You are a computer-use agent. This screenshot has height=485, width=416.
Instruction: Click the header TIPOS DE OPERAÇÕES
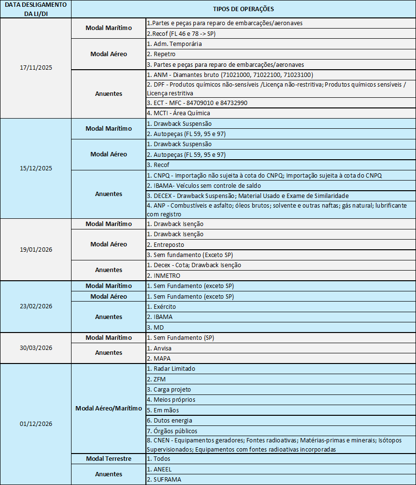[243, 9]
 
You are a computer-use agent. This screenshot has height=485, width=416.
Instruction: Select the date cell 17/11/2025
[36, 68]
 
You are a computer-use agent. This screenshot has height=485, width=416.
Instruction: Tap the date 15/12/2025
[36, 168]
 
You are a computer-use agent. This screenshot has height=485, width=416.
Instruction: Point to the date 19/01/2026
[36, 249]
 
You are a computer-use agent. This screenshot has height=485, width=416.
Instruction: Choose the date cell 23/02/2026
[36, 306]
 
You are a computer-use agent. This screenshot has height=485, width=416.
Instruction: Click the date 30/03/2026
[36, 348]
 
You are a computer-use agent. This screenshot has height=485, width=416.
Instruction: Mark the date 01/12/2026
[36, 424]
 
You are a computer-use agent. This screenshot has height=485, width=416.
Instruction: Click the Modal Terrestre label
[108, 458]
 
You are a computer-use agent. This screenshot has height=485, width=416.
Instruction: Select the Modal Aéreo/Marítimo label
[108, 408]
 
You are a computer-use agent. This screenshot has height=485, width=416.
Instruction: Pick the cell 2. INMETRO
[164, 275]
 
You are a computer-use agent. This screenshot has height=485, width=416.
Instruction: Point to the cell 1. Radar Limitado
[171, 368]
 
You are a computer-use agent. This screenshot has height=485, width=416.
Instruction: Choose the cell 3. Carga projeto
[169, 389]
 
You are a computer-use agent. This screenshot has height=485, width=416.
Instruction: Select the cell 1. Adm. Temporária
[174, 44]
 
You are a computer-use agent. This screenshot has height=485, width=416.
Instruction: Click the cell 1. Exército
[161, 306]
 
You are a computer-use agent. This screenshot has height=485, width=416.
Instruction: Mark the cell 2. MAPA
[160, 359]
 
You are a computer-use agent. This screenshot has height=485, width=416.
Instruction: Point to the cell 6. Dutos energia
[169, 420]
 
